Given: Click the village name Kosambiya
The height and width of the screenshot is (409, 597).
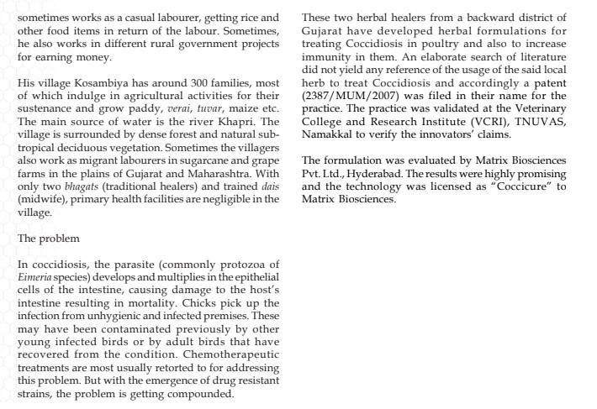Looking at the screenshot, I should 90,91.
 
